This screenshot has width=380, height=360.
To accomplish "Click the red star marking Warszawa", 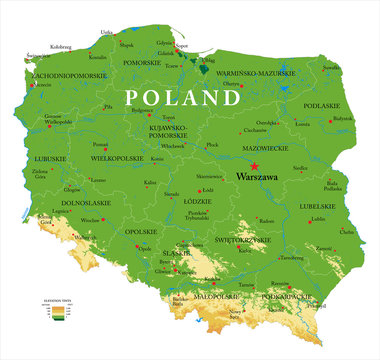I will click(x=254, y=166).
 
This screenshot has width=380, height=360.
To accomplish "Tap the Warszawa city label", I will click(x=257, y=177).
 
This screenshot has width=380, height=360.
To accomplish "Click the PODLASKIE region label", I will click(x=323, y=106).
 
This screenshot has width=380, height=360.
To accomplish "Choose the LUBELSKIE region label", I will click(x=312, y=207).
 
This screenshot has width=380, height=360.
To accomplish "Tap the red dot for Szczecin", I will click(x=33, y=85).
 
